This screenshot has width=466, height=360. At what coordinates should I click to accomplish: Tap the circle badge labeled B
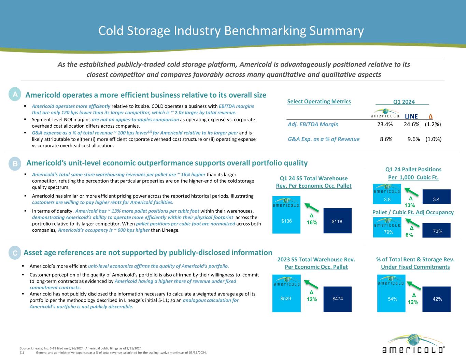point(15,164)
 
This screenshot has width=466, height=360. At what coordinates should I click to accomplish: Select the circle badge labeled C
point(15,253)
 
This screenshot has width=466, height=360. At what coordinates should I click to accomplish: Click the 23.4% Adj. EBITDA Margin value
point(385,124)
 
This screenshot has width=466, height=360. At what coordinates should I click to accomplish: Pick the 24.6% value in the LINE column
point(411,124)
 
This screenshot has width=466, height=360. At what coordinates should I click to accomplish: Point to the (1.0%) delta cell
point(433,139)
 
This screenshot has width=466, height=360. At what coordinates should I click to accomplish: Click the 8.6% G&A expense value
point(386,139)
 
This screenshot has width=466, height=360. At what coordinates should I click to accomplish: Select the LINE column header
point(411,116)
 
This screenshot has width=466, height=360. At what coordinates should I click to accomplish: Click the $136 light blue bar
point(286,215)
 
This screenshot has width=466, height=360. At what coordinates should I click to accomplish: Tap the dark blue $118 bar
point(337,221)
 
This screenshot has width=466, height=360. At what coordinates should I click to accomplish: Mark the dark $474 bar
point(337,299)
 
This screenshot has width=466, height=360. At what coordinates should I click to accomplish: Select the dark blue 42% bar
point(437,299)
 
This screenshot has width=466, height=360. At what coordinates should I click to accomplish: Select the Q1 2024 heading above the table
point(404,102)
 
